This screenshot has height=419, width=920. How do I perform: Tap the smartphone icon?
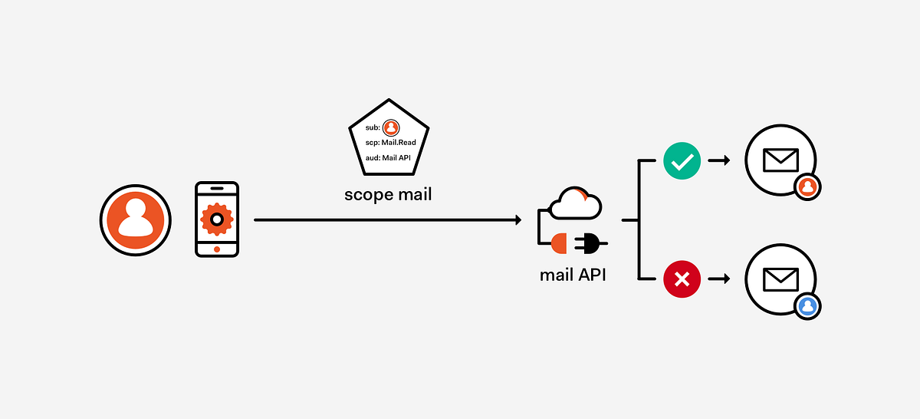pos(217,219)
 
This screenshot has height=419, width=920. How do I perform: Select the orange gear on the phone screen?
pos(217,219)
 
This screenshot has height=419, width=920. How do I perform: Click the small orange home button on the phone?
pos(217,249)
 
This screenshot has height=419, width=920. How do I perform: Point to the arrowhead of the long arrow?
pos(518,220)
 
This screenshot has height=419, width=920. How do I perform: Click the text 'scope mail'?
pos(388,195)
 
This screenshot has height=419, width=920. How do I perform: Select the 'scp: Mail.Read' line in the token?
pos(391,143)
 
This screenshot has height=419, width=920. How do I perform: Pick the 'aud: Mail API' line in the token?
pos(389,157)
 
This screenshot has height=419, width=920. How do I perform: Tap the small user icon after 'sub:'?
pos(391,127)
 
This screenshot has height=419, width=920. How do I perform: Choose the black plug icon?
pos(590,243)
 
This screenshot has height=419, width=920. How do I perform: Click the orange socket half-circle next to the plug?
pos(559,243)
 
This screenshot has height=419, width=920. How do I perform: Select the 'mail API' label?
pos(573,274)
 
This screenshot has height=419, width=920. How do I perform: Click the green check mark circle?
pos(682,161)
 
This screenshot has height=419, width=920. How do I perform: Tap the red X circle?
pos(682,279)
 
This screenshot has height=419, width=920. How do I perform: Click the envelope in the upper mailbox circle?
pos(780,160)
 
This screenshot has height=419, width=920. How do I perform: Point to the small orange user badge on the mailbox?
pos(807,186)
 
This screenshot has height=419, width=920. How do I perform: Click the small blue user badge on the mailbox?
pos(807,305)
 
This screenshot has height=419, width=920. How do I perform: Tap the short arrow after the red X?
pos(718,279)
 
